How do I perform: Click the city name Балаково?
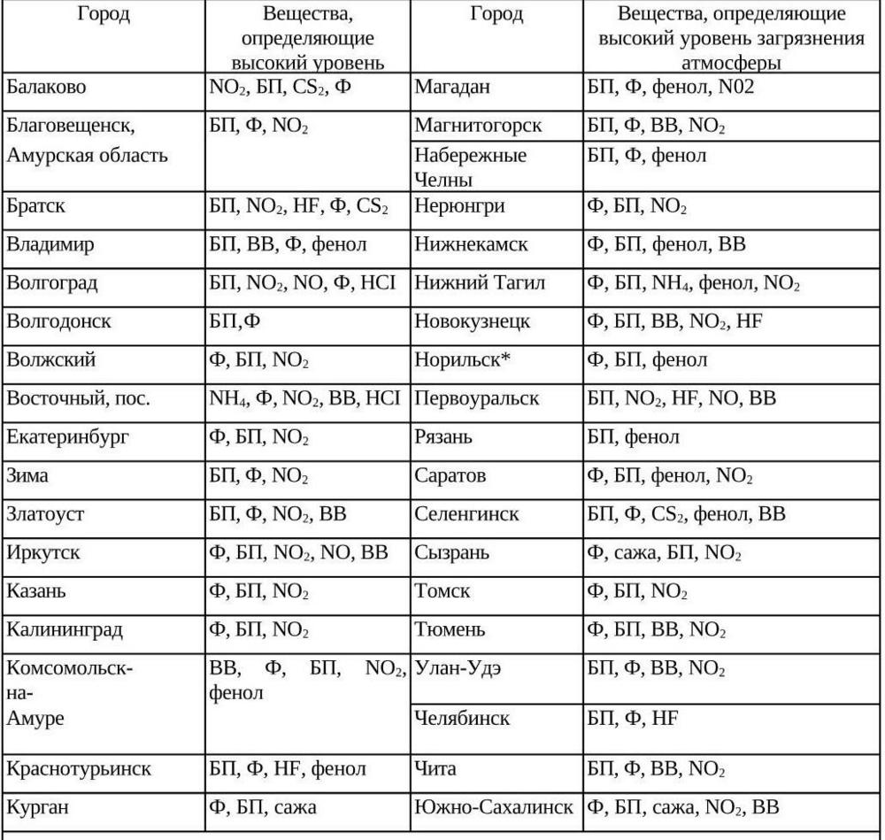tap(49, 88)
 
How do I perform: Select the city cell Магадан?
tap(452, 88)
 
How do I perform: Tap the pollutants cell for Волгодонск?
tap(235, 321)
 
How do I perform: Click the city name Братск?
tap(36, 206)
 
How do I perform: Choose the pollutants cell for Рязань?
tap(634, 437)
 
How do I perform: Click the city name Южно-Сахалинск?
tap(494, 807)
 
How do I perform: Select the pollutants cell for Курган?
tap(262, 807)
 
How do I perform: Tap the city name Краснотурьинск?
tap(79, 768)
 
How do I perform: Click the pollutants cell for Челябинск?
tap(633, 718)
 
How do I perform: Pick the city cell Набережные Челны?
tap(470, 166)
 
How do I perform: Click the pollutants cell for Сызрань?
tap(664, 553)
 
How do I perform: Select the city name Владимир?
tap(50, 244)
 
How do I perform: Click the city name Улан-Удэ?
tap(458, 668)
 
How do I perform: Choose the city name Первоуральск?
tap(476, 398)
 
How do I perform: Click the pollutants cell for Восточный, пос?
tap(305, 398)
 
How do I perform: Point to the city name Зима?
tap(27, 476)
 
